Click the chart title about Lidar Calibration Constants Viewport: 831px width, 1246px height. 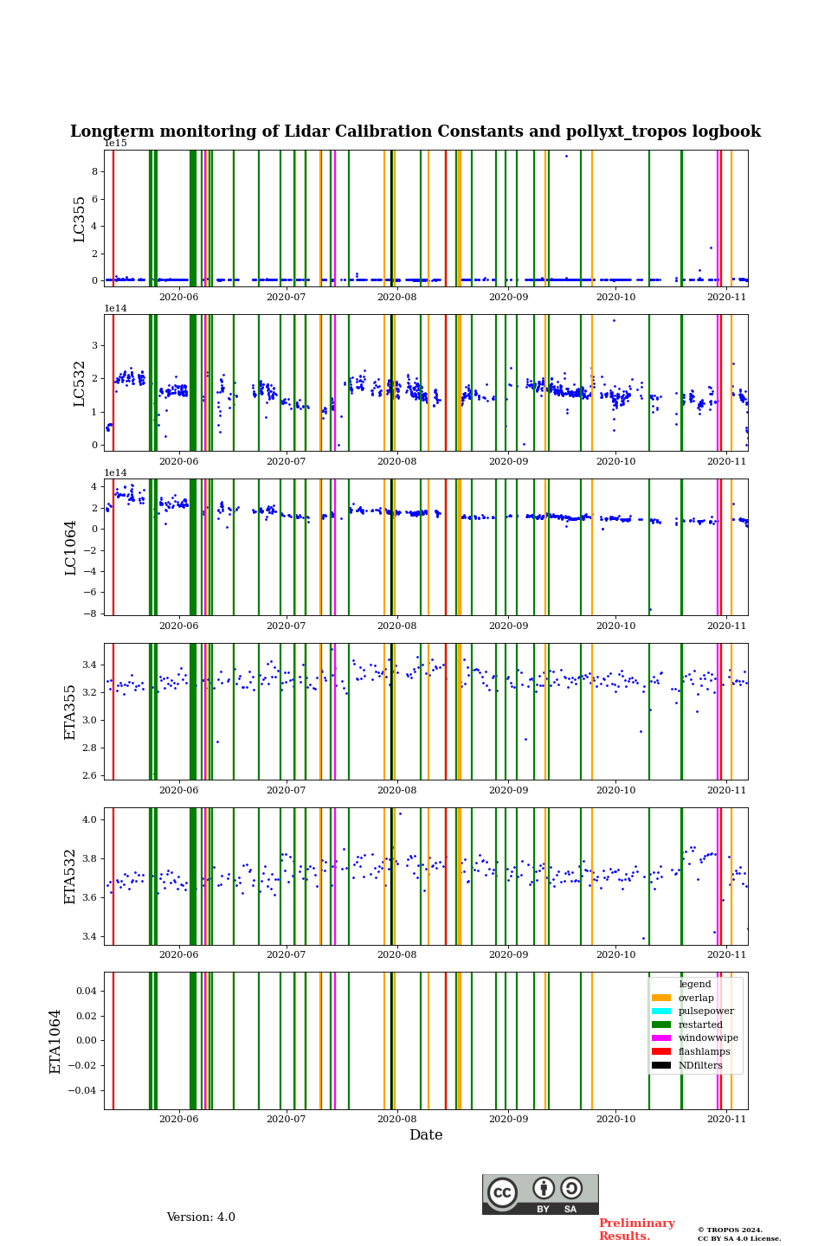point(415,132)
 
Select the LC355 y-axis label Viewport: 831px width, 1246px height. point(80,218)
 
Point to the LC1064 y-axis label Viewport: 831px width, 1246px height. point(71,547)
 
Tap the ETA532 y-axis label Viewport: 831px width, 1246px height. point(71,876)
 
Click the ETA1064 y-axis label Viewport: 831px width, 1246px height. point(55,1041)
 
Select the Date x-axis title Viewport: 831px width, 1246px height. point(426,1135)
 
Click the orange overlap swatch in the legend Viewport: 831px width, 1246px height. point(661,998)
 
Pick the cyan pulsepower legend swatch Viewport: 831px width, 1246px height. point(661,1011)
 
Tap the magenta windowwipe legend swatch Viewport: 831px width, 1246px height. point(661,1038)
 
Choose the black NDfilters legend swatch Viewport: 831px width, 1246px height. point(661,1065)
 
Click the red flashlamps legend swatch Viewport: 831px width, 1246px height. point(661,1051)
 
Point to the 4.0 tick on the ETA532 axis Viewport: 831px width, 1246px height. point(89,819)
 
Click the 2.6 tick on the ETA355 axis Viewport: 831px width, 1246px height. point(89,775)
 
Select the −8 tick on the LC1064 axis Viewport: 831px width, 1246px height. point(90,613)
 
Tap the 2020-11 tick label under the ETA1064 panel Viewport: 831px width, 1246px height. point(726,1119)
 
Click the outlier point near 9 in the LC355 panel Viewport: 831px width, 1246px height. point(566,156)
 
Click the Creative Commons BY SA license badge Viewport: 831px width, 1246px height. point(540,1194)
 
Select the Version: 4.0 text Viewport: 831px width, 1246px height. point(201,1217)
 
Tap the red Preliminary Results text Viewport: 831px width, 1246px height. point(636,1230)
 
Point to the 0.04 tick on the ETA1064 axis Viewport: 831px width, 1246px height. point(85,991)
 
